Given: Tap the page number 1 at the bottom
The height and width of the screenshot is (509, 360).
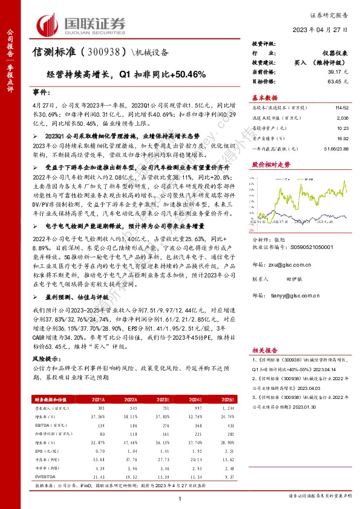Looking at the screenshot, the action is (180, 497).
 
